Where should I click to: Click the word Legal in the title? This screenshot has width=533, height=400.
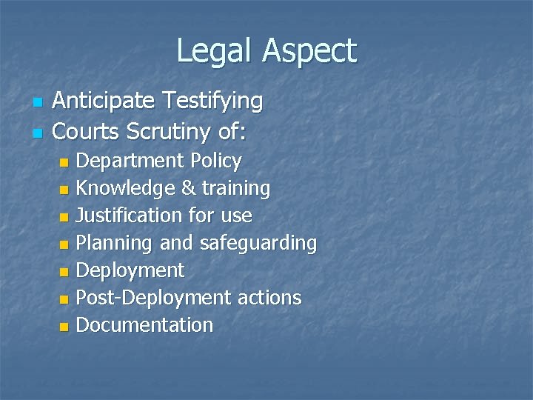(215, 50)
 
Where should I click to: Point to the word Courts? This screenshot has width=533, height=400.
(87, 131)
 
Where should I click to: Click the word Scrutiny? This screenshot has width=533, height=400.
(172, 132)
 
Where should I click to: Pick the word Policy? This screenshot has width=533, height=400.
(215, 161)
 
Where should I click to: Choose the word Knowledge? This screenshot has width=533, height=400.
(126, 189)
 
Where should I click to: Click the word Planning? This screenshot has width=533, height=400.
(114, 244)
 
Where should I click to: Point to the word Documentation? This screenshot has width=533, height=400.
(144, 325)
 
